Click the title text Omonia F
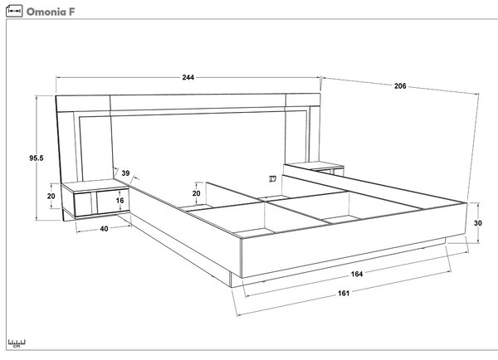[51, 12]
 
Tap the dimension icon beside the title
[14, 11]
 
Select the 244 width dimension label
[188, 77]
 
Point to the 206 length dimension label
[400, 85]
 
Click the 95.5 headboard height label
[37, 158]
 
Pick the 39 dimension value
[126, 173]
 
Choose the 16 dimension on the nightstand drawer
[120, 200]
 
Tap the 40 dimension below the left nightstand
[104, 229]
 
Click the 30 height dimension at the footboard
[478, 223]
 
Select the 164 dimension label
[357, 274]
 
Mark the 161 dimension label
[344, 293]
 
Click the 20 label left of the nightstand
[51, 197]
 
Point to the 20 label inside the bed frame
[196, 193]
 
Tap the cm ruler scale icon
[17, 343]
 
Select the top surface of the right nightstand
[315, 165]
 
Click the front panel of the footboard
[354, 240]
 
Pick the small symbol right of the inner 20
[272, 178]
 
